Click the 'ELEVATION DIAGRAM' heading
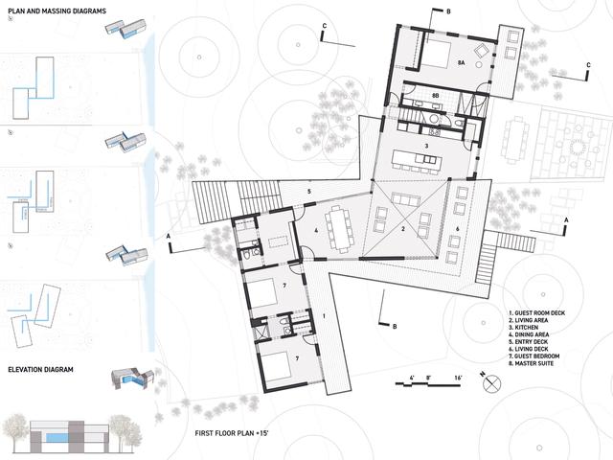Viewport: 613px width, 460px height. (44, 368)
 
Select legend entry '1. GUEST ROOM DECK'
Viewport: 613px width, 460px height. (546, 311)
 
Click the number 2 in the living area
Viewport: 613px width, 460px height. (403, 229)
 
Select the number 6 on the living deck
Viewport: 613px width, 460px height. (457, 229)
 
